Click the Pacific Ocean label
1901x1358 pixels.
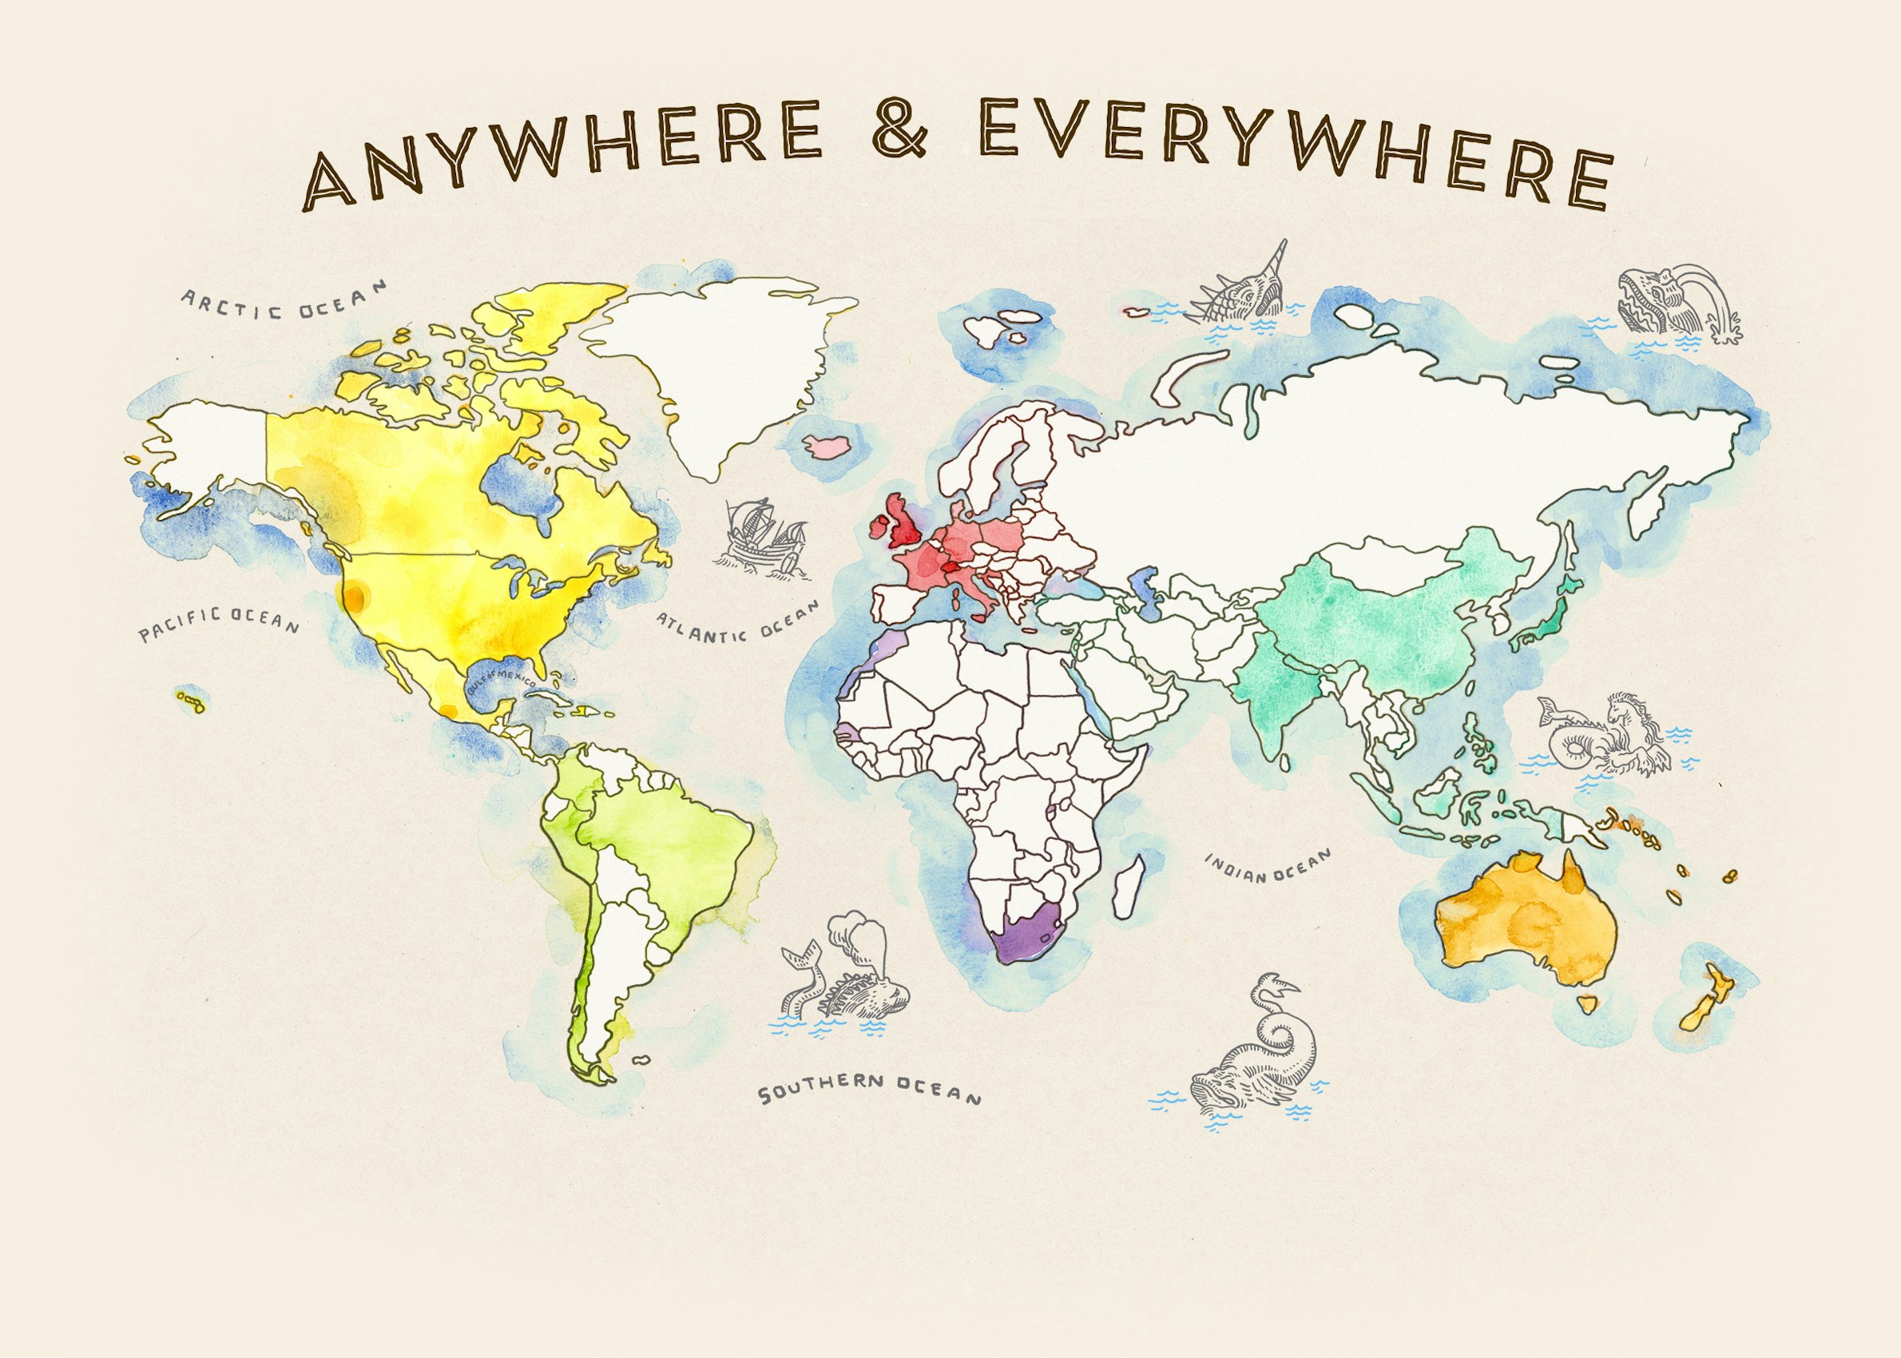[218, 624]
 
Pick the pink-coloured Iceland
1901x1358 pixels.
[826, 444]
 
